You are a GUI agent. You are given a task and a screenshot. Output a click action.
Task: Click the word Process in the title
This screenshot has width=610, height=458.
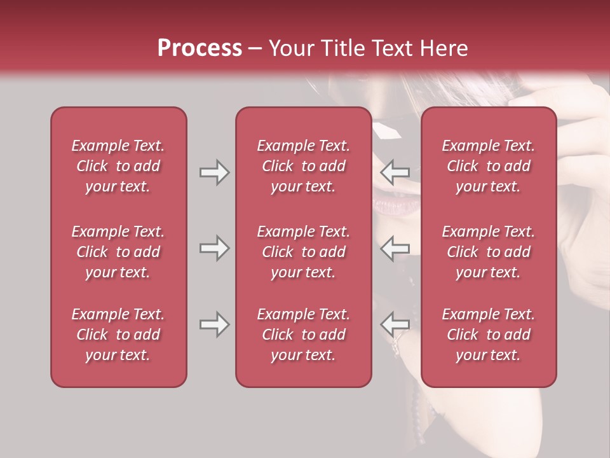(x=200, y=48)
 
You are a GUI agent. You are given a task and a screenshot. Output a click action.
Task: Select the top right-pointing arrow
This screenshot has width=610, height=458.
(x=214, y=172)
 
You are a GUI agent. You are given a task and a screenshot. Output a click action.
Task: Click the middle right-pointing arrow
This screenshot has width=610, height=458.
(x=214, y=248)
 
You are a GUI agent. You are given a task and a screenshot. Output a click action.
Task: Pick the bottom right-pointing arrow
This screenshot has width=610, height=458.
(x=214, y=324)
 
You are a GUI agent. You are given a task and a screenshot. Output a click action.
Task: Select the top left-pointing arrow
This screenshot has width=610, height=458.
(x=395, y=172)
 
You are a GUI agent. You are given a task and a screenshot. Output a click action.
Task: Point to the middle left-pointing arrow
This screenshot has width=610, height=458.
(x=395, y=248)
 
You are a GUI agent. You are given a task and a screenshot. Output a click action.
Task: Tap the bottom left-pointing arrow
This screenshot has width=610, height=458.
(x=395, y=324)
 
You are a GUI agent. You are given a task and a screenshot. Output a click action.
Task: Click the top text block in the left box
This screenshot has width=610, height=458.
(x=118, y=166)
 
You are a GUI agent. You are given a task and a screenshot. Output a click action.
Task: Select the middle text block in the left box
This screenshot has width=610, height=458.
(x=118, y=252)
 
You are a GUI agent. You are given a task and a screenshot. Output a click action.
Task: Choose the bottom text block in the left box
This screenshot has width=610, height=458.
(x=118, y=335)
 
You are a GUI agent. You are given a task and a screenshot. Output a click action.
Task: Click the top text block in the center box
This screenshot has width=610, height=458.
(x=303, y=166)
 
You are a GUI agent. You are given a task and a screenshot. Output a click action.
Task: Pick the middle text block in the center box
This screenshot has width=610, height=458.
(x=303, y=252)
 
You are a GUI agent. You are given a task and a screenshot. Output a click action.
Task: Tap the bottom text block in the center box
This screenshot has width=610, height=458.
(x=303, y=335)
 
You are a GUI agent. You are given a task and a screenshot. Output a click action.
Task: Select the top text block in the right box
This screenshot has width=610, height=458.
(x=488, y=166)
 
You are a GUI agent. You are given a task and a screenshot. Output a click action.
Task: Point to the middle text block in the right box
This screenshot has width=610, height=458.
(x=488, y=252)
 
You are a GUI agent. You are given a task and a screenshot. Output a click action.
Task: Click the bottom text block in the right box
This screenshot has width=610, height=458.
(x=488, y=335)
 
